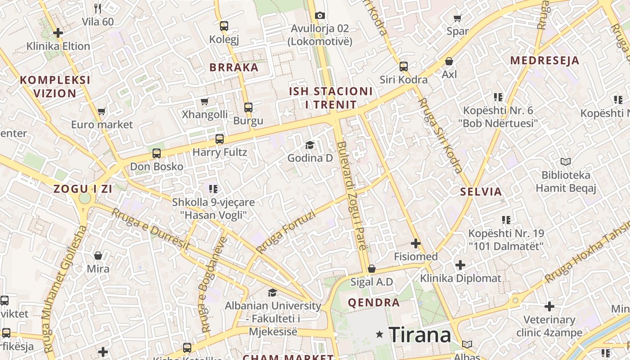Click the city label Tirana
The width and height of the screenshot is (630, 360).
(x=419, y=335)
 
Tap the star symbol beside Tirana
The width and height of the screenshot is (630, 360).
(x=380, y=334)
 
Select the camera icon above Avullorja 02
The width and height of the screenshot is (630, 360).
(x=320, y=16)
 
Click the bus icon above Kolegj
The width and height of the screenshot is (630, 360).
(x=224, y=26)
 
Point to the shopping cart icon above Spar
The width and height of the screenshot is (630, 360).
(x=458, y=18)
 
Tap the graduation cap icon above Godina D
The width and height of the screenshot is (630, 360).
(x=310, y=145)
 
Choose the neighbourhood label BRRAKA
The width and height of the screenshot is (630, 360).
(x=234, y=67)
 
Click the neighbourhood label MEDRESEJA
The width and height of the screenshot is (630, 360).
(x=544, y=60)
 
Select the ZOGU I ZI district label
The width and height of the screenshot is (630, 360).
(x=83, y=189)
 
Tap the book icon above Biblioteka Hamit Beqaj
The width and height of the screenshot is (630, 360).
(x=566, y=162)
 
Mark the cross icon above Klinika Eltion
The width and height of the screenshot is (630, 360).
(x=58, y=33)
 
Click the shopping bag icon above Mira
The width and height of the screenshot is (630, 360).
(x=98, y=256)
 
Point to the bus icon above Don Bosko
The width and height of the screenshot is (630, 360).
(x=157, y=153)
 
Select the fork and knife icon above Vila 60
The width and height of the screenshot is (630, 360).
(x=98, y=8)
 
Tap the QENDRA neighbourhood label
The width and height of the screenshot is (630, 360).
(x=373, y=302)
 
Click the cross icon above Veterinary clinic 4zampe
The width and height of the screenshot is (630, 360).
(x=549, y=306)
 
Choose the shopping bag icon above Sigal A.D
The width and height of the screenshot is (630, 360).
(x=372, y=269)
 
